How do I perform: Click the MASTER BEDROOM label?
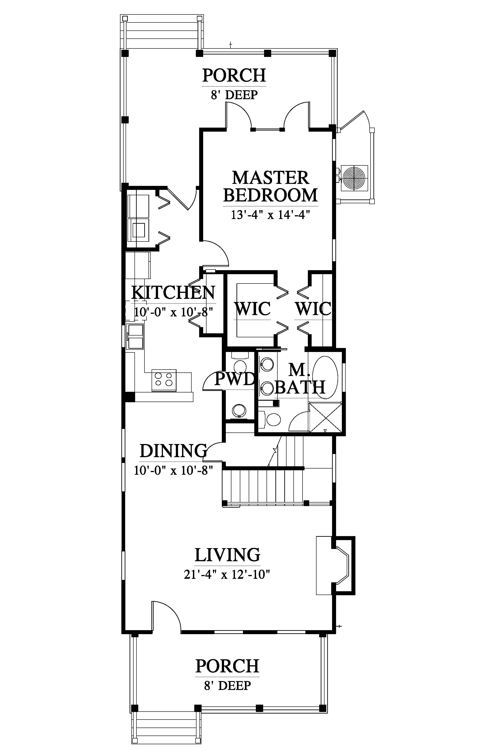point(271,187)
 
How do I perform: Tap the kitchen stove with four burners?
point(164,380)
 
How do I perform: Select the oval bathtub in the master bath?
point(325,377)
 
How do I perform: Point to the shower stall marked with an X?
point(325,417)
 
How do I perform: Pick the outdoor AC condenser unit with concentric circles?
point(354,178)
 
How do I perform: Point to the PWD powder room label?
point(235,379)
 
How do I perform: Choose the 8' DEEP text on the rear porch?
point(234,95)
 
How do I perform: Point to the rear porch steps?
point(162,32)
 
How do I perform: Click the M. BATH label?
point(300,379)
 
